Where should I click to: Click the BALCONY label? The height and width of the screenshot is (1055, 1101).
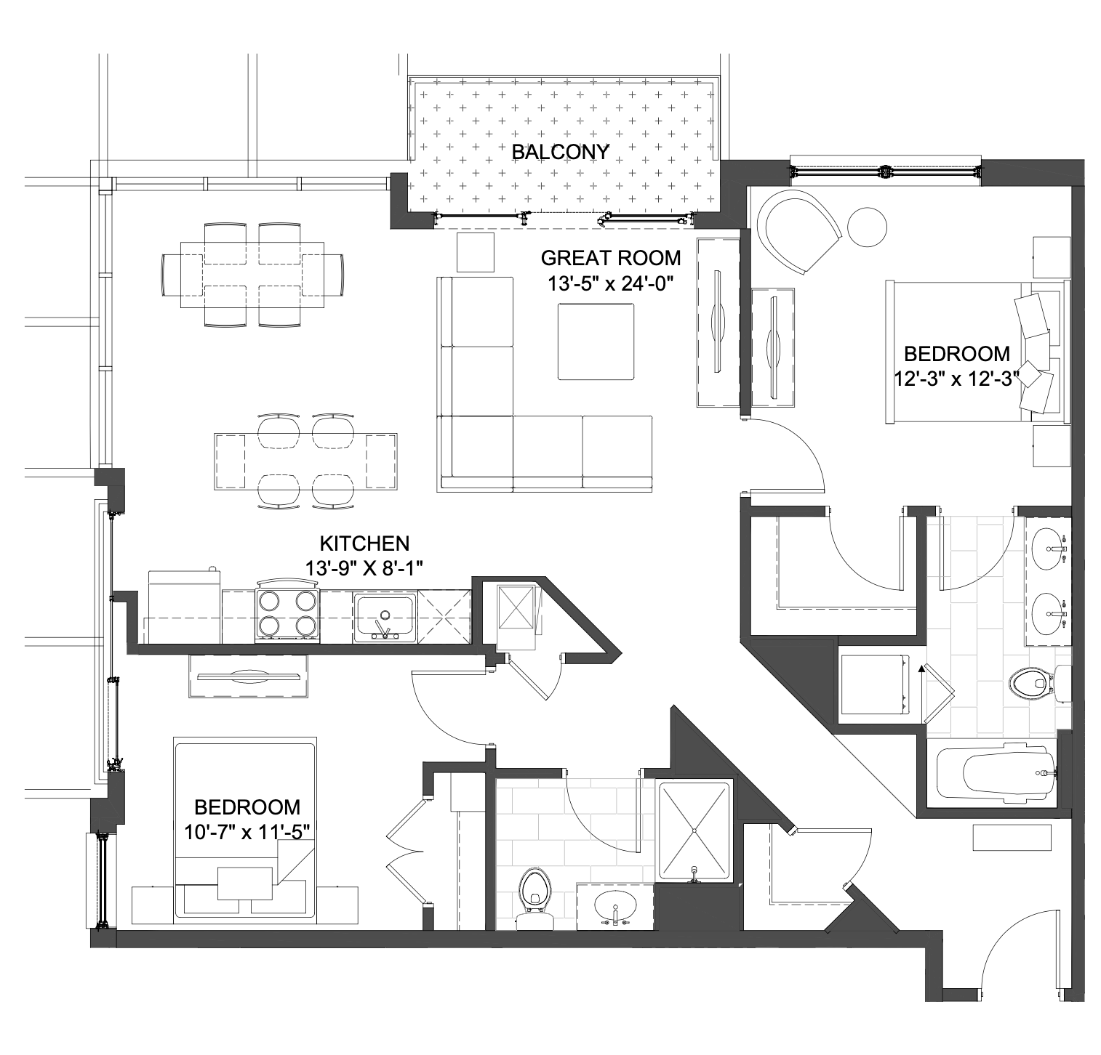[x=560, y=152]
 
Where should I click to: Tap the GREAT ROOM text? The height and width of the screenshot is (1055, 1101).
[x=611, y=258]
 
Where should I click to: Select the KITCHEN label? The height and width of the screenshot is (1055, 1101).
[x=364, y=543]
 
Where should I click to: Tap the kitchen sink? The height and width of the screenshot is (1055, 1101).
[x=385, y=618]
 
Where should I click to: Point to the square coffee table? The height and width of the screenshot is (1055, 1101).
[x=596, y=341]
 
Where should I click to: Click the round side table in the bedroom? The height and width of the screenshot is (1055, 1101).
[x=868, y=227]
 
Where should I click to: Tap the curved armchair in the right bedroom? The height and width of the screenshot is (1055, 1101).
[x=798, y=231]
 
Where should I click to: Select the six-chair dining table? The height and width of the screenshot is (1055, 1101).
[x=252, y=275]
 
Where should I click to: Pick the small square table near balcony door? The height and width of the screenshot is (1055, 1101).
[x=476, y=251]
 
